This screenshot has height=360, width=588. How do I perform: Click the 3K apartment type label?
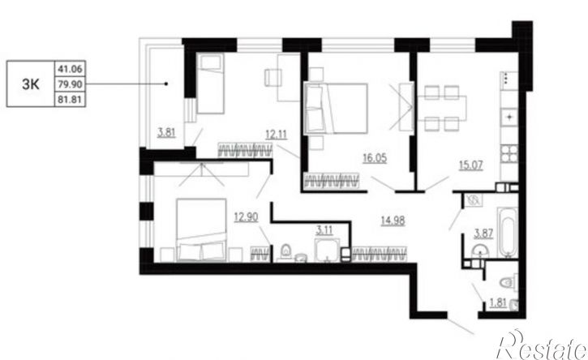30,84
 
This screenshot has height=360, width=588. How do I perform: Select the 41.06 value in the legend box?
70,69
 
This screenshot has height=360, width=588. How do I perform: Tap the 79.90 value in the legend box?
70,84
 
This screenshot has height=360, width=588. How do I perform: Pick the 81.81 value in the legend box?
70,100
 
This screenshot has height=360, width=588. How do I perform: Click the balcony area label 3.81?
166,132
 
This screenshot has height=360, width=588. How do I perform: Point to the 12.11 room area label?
277,134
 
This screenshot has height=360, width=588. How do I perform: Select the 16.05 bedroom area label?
375,158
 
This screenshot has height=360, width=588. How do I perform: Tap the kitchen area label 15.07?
471,165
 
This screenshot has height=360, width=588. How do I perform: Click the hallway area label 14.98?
393,221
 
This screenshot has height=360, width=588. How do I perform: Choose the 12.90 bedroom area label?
246,216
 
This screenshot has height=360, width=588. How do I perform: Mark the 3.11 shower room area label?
324,230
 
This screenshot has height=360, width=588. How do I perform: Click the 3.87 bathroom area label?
483,234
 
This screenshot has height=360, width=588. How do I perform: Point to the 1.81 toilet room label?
498,302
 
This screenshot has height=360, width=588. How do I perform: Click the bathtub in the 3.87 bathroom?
508,233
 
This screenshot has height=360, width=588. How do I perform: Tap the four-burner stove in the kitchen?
509,154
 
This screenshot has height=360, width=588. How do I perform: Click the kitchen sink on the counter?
509,117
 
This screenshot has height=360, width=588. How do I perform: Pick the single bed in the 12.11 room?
210,84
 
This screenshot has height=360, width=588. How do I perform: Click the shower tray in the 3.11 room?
328,250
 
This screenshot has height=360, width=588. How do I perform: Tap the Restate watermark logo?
541,345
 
